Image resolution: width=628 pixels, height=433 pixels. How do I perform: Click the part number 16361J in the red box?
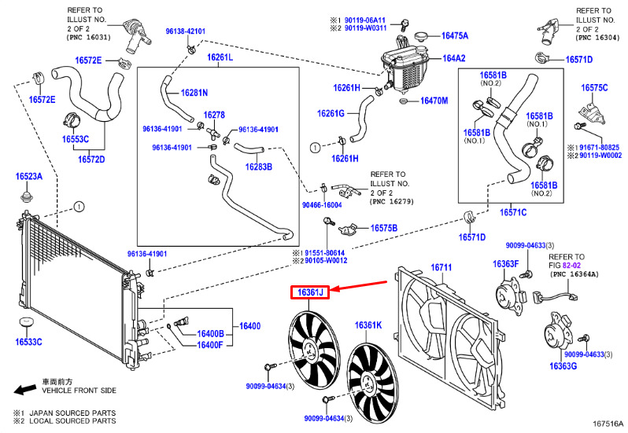pyautogui.click(x=310, y=293)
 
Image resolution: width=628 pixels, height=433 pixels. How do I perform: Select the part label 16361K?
pyautogui.click(x=368, y=325)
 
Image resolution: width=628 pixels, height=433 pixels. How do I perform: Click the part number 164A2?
pyautogui.click(x=454, y=58)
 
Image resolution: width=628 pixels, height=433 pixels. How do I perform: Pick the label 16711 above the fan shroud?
pyautogui.click(x=441, y=267)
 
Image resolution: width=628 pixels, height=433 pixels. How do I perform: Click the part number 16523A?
pyautogui.click(x=29, y=176)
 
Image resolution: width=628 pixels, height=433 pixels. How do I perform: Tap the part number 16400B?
pyautogui.click(x=210, y=334)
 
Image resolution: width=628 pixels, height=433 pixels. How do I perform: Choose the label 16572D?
pyautogui.click(x=91, y=160)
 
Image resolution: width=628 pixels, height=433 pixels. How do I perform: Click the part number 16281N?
pyautogui.click(x=194, y=93)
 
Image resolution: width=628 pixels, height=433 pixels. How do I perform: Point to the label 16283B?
pyautogui.click(x=259, y=167)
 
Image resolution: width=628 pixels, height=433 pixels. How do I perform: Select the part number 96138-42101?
pyautogui.click(x=186, y=31)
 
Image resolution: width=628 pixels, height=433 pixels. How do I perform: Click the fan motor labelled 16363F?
pyautogui.click(x=509, y=297)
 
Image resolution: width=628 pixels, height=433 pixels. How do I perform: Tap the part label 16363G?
pyautogui.click(x=563, y=366)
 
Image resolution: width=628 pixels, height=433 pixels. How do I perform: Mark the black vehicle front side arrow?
pyautogui.click(x=25, y=389)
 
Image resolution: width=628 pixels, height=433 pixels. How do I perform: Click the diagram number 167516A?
pyautogui.click(x=608, y=424)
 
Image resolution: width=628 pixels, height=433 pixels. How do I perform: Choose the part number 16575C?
pyautogui.click(x=594, y=88)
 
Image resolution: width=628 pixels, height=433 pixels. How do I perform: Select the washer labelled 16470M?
pyautogui.click(x=403, y=101)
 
